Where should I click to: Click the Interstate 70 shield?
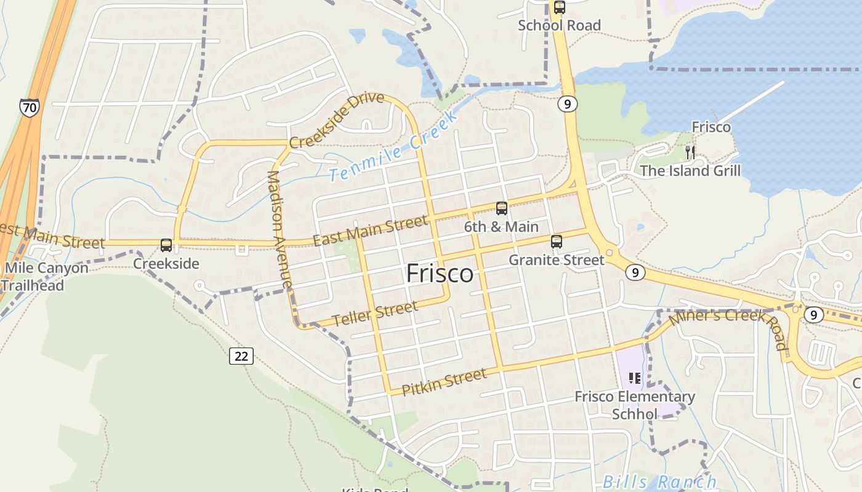pos(29,108)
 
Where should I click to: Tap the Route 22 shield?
pos(241,355)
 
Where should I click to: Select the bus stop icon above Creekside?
pos(166,245)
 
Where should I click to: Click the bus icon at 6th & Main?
pos(502,208)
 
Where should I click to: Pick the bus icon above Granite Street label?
pos(557,242)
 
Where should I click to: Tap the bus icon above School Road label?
pos(559,8)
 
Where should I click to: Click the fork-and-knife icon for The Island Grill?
pos(690,152)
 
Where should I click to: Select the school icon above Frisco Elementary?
pos(635,378)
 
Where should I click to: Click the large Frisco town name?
pos(440,274)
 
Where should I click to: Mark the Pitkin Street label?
pos(443,381)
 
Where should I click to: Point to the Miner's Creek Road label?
pos(730,325)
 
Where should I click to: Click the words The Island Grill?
pos(690,170)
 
